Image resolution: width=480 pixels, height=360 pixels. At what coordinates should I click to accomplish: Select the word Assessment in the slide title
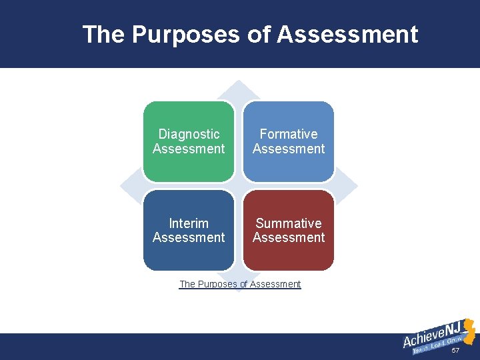347,34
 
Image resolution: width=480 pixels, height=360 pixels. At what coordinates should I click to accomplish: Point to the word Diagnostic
189,134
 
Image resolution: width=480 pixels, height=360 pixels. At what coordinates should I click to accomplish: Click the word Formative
289,134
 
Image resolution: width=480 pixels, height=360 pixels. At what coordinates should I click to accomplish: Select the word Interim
189,223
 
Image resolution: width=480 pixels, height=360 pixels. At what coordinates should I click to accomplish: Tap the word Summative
289,223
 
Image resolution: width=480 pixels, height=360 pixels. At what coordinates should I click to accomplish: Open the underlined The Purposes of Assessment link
240,284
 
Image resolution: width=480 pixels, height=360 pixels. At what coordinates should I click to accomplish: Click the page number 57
455,351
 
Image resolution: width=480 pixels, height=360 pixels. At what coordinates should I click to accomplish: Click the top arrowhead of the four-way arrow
239,89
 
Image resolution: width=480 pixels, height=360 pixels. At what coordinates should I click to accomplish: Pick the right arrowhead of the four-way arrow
349,185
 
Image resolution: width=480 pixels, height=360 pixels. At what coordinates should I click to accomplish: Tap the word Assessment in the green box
189,149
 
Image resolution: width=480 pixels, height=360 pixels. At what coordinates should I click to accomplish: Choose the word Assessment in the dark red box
289,238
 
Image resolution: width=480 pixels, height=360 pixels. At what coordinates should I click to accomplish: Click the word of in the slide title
257,34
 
